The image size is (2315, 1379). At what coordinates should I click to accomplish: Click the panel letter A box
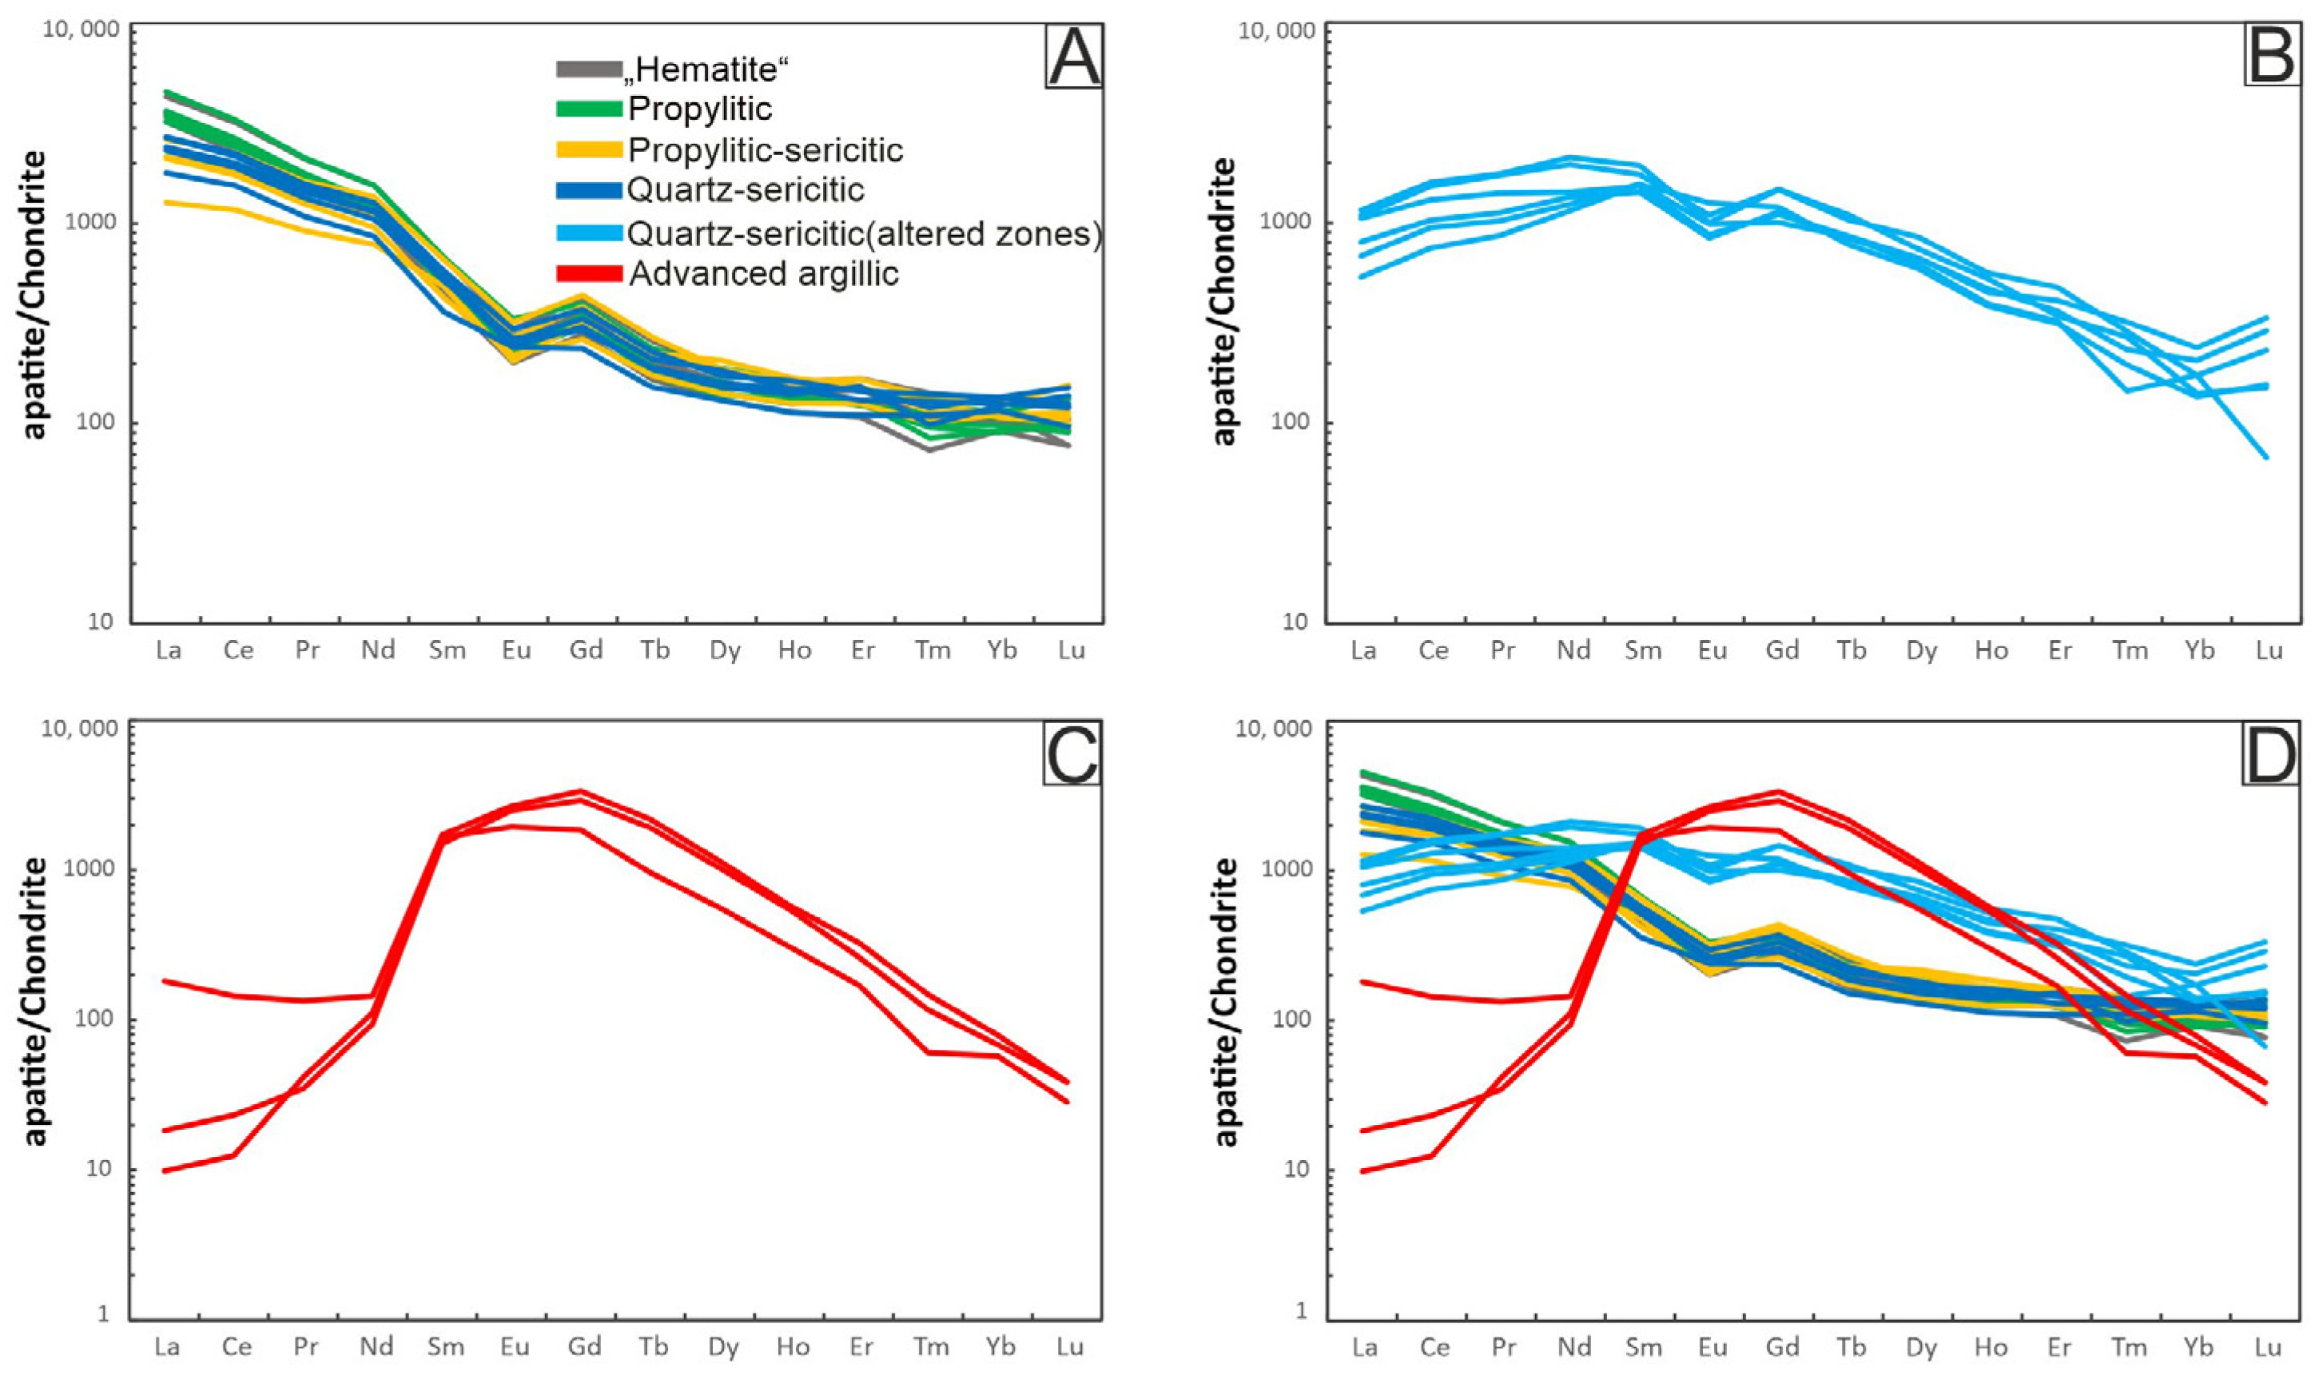pyautogui.click(x=1073, y=57)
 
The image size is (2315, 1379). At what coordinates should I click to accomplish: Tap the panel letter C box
pyautogui.click(x=1072, y=753)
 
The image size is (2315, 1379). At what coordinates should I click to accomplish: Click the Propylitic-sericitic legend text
pyautogui.click(x=765, y=149)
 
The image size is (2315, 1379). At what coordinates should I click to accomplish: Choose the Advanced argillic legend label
pyautogui.click(x=763, y=274)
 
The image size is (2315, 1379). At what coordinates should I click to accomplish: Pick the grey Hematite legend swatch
pyautogui.click(x=588, y=69)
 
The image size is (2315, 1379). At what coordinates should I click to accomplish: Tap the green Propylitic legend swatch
pyautogui.click(x=588, y=109)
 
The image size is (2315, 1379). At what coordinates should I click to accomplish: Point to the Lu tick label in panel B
pyautogui.click(x=2269, y=650)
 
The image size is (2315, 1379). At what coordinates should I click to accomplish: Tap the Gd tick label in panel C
pyautogui.click(x=585, y=1346)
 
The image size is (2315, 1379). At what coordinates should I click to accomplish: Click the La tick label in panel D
pyautogui.click(x=1363, y=1346)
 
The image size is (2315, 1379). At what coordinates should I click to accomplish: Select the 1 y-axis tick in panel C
pyautogui.click(x=103, y=1313)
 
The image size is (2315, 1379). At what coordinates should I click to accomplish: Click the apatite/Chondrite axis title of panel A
pyautogui.click(x=34, y=296)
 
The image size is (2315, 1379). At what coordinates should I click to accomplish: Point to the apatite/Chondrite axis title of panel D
pyautogui.click(x=1227, y=1002)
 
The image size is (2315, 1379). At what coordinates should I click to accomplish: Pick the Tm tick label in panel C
pyautogui.click(x=931, y=1346)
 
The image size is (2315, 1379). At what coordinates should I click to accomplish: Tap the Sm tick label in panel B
pyautogui.click(x=1643, y=650)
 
